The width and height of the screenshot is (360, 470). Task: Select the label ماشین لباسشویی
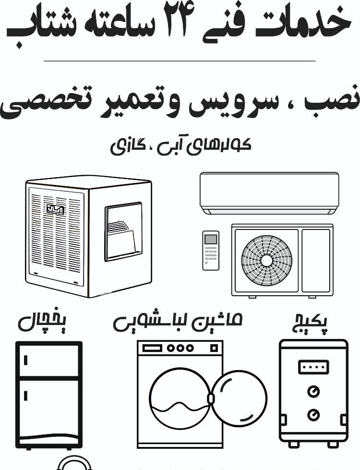pos(178,322)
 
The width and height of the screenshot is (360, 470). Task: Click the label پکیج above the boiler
pos(311,324)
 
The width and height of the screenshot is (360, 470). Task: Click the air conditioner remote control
pos(210,250)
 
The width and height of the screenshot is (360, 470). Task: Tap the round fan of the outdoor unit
pos(266,260)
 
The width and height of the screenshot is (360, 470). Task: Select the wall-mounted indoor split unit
pos(269,193)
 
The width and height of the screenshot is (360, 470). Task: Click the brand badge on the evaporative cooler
pos(55,209)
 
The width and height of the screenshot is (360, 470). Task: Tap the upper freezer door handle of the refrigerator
pos(26,360)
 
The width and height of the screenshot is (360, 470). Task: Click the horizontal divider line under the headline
pos(180,61)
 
